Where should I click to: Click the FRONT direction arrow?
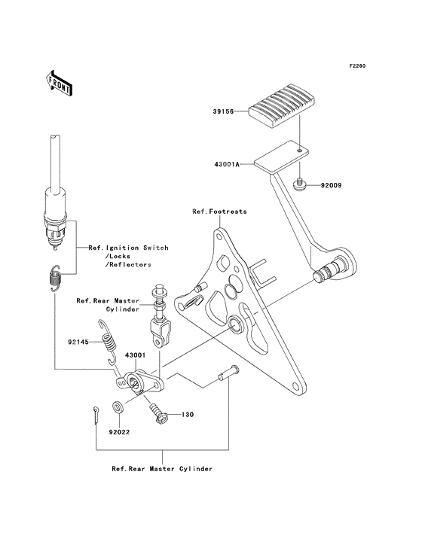tap(59, 83)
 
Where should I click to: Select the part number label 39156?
tap(223, 111)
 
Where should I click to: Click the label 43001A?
tap(227, 164)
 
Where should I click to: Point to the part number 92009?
tap(331, 185)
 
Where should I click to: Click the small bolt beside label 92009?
tap(300, 185)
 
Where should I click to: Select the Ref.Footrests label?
tap(219, 212)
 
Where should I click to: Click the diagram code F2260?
tap(357, 65)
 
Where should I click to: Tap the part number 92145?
tap(79, 342)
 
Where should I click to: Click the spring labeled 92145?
tap(109, 341)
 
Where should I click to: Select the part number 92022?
tap(119, 432)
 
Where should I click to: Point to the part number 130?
tap(188, 415)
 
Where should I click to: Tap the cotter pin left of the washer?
tap(96, 415)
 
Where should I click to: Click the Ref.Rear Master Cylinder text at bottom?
tap(162, 469)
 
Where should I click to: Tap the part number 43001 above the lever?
tap(135, 355)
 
